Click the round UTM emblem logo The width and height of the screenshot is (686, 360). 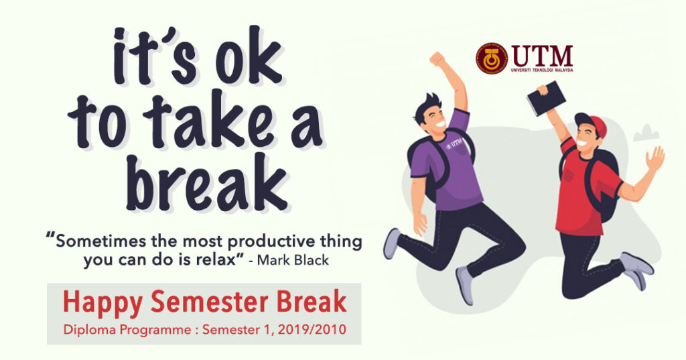click(x=491, y=58)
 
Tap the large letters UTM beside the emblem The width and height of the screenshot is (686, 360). click(x=542, y=56)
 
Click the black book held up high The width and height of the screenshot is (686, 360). click(x=546, y=98)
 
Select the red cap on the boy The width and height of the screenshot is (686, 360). click(x=592, y=123)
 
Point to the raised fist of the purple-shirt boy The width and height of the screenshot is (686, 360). click(x=437, y=59)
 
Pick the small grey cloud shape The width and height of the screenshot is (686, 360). click(x=646, y=133)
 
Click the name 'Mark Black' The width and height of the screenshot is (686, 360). click(x=293, y=260)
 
